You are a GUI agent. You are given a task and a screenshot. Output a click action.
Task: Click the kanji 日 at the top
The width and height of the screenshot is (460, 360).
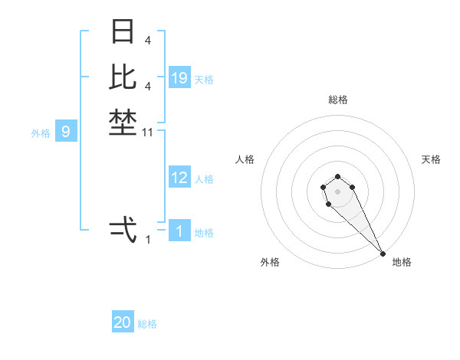tap(123, 31)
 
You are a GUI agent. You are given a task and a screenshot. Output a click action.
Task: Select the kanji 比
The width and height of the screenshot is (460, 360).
tap(123, 76)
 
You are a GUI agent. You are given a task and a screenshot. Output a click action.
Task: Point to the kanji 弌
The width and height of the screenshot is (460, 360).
tap(123, 229)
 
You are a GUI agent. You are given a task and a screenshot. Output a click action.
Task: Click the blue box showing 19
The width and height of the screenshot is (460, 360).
tap(179, 78)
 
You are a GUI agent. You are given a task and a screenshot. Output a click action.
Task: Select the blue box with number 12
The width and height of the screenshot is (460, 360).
tap(179, 178)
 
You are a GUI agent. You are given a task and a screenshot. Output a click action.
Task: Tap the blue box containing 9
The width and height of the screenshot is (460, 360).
tap(66, 133)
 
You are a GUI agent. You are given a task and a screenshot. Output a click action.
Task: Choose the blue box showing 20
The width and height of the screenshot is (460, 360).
tap(123, 322)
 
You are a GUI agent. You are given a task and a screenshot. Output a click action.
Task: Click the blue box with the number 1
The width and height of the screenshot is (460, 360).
tap(179, 231)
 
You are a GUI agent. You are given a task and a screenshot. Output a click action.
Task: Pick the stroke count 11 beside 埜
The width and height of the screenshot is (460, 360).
tap(149, 133)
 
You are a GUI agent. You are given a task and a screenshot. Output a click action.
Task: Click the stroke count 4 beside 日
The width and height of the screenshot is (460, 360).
tap(148, 40)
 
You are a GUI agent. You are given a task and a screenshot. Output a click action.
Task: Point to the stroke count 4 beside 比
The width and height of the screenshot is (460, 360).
tap(148, 86)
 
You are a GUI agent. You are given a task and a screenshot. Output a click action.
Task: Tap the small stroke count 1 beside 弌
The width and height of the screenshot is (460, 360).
tap(148, 241)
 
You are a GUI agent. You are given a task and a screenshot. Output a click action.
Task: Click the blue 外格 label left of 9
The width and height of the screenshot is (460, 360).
tap(41, 133)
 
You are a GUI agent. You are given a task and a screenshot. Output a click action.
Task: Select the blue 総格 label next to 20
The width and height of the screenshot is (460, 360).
tap(147, 324)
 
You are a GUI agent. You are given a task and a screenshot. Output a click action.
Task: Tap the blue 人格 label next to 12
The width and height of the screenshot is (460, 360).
tap(204, 179)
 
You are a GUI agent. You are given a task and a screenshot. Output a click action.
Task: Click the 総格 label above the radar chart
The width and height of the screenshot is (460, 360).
tap(338, 100)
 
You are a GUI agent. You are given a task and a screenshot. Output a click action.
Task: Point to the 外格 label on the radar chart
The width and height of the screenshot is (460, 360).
tap(270, 262)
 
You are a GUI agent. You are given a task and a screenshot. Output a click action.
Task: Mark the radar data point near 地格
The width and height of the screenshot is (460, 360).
tap(383, 253)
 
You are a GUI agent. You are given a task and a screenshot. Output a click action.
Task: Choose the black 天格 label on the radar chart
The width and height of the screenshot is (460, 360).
tap(431, 159)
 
